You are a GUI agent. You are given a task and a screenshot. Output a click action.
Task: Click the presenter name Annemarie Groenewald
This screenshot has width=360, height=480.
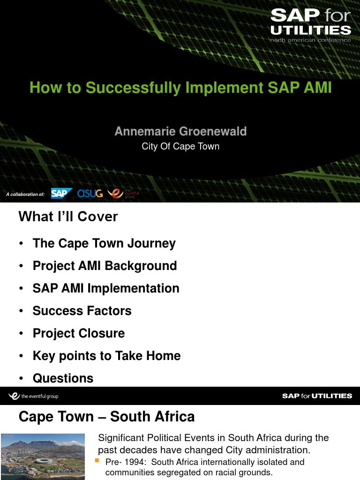tap(180, 131)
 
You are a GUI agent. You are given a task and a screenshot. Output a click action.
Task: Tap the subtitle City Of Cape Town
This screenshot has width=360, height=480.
tap(180, 146)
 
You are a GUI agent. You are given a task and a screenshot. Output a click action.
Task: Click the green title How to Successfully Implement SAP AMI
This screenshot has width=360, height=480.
tap(180, 88)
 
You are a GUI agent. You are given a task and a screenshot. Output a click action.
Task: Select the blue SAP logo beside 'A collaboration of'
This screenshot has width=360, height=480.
tap(61, 194)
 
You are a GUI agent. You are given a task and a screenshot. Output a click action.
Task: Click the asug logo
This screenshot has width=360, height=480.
tap(90, 193)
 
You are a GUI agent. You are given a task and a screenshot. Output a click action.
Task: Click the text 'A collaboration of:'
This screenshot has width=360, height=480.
tap(25, 194)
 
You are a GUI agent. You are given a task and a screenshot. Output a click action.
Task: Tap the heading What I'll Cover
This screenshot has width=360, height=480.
tap(68, 217)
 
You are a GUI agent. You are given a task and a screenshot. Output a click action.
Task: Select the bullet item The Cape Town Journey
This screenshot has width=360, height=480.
tap(104, 243)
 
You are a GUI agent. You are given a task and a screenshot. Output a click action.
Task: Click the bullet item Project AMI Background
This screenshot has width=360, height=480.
tap(105, 266)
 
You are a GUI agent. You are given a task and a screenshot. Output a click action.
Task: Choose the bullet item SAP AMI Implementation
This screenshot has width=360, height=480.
tap(106, 288)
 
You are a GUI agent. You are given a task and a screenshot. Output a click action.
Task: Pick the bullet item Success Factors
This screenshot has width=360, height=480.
tap(82, 311)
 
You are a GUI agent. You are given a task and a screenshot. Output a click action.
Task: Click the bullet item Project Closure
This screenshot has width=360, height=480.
tap(79, 333)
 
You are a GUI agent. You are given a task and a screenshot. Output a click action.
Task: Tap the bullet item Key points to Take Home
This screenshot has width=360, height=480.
tap(106, 356)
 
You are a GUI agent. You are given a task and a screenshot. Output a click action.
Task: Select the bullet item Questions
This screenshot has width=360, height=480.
tap(63, 378)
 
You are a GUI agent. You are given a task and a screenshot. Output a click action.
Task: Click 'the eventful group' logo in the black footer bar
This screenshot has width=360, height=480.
tap(33, 396)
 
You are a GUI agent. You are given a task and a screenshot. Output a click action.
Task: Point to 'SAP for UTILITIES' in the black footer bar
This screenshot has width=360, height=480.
tap(317, 396)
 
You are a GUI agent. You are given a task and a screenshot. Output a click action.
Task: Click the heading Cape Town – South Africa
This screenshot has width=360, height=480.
tap(106, 417)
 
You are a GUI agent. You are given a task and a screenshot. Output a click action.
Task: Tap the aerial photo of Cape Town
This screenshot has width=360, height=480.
tap(43, 456)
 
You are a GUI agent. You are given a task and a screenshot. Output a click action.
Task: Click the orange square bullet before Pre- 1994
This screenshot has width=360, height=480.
tap(97, 460)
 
